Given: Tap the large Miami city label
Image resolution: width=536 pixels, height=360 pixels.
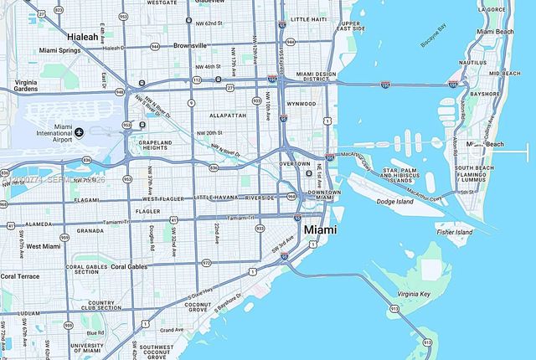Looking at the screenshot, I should tap(320, 229).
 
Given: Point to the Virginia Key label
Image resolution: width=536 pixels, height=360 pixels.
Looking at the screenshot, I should tap(414, 295).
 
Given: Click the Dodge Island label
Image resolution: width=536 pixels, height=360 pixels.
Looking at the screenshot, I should tap(396, 201).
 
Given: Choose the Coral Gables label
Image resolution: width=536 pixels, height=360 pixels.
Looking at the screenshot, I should tap(129, 267).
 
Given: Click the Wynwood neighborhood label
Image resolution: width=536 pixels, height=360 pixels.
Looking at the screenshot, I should tap(299, 104).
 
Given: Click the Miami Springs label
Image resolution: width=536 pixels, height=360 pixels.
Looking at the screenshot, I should tap(59, 51).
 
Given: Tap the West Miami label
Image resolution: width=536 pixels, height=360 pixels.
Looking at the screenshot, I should tap(43, 246).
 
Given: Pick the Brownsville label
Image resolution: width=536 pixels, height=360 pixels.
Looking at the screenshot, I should tap(188, 45).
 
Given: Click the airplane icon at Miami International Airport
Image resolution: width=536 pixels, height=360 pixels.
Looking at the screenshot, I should tap(79, 132).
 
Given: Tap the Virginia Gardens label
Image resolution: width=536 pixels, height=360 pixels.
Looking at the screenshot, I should tap(26, 85).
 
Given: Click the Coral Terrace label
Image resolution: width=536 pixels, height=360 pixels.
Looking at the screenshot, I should tap(19, 275).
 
